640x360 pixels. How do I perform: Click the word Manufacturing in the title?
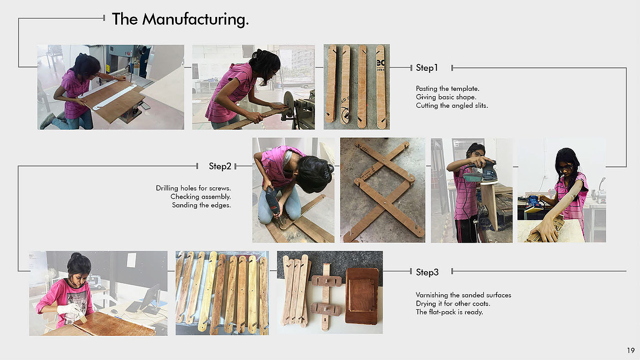click(196, 19)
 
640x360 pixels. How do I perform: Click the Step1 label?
click(427, 68)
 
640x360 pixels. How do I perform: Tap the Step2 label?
click(220, 166)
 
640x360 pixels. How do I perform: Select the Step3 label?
click(427, 272)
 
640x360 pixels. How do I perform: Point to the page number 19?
click(631, 350)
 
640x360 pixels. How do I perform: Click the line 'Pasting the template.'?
click(448, 89)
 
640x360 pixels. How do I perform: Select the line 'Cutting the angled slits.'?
click(452, 106)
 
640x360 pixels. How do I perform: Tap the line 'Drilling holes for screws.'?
click(193, 188)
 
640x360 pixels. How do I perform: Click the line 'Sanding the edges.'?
click(202, 205)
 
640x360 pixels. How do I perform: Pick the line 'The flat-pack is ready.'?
click(449, 312)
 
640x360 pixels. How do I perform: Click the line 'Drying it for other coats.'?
click(453, 303)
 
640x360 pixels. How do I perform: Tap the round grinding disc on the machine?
click(289, 104)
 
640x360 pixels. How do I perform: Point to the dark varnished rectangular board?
click(362, 296)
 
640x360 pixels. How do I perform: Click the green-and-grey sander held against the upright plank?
click(481, 172)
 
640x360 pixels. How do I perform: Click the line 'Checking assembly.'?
click(201, 197)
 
